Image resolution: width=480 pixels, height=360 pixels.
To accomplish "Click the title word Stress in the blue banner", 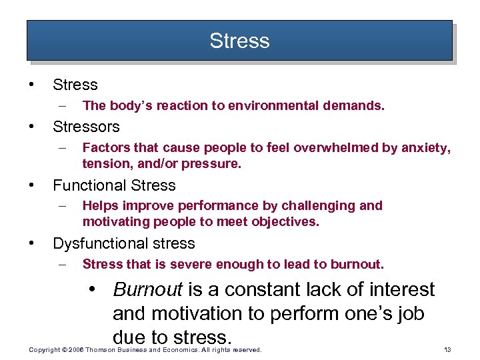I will tap(239, 41).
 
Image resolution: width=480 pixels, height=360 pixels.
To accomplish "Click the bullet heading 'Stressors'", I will tap(86, 127).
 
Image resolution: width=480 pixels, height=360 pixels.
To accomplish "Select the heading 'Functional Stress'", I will tap(114, 185).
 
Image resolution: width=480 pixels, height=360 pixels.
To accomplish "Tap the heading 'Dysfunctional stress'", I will tap(123, 243).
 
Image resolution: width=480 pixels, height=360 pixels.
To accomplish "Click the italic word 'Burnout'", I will tap(148, 290).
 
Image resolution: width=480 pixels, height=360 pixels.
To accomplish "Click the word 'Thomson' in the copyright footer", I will tap(100, 349).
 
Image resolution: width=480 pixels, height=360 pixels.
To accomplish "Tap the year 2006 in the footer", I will tap(75, 349).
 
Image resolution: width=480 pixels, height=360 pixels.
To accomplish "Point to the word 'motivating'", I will tap(116, 221).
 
